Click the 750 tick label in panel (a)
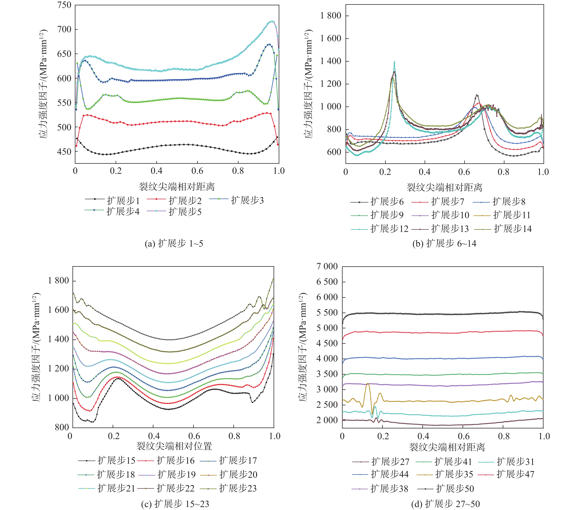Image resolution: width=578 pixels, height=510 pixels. pos(64,5)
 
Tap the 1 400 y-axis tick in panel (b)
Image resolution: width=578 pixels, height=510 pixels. pos(331,61)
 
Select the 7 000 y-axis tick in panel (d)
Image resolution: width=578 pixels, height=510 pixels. pos(327,266)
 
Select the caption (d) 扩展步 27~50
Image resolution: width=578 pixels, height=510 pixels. pos(445,504)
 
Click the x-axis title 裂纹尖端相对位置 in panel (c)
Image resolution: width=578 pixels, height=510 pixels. pos(174,446)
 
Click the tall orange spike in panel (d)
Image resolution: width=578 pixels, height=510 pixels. pos(368,384)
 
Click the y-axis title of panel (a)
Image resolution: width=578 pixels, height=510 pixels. pos(43,83)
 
